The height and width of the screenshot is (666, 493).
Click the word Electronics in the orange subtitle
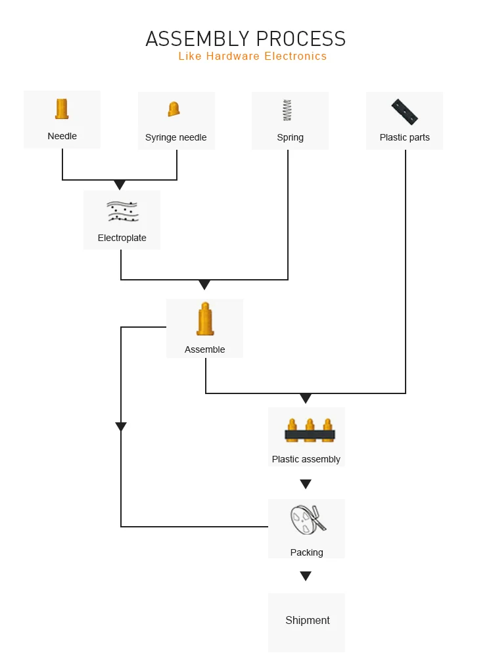pyautogui.click(x=295, y=56)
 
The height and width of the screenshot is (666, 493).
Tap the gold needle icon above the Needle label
pyautogui.click(x=62, y=109)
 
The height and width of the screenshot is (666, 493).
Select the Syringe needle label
pyautogui.click(x=176, y=137)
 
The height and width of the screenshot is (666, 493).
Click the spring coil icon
pyautogui.click(x=287, y=110)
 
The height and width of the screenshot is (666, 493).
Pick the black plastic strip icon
pyautogui.click(x=404, y=112)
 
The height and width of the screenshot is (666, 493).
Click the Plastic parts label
pyautogui.click(x=404, y=137)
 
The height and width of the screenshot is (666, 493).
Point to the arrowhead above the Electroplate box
pyautogui.click(x=120, y=185)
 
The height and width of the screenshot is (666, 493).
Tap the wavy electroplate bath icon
pyautogui.click(x=122, y=211)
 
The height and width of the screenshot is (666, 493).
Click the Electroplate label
pyautogui.click(x=122, y=238)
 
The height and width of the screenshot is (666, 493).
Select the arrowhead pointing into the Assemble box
pyautogui.click(x=204, y=285)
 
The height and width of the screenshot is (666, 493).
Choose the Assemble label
pyautogui.click(x=204, y=349)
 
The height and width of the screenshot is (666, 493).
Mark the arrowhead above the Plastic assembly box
pyautogui.click(x=306, y=399)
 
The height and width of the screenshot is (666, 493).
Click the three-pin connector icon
pyautogui.click(x=310, y=430)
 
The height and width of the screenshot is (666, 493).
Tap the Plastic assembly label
pyautogui.click(x=306, y=459)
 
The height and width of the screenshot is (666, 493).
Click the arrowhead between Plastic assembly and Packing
pyautogui.click(x=306, y=484)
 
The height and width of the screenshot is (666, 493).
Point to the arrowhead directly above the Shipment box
pyautogui.click(x=306, y=576)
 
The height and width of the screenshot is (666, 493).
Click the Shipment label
pyautogui.click(x=307, y=620)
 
